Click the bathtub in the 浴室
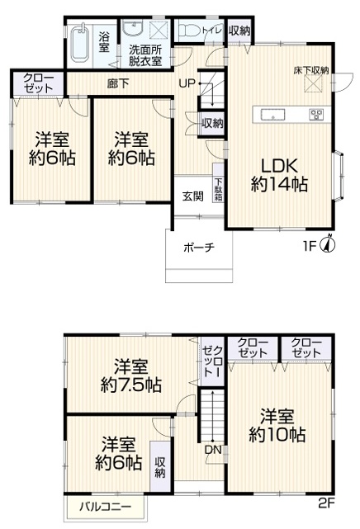click(x=80, y=44)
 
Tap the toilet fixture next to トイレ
click(x=189, y=31)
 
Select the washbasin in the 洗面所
click(x=134, y=28)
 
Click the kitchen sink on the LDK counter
click(x=272, y=115)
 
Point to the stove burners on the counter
click(x=316, y=115)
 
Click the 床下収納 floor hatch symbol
click(x=314, y=83)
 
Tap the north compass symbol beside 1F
click(x=329, y=244)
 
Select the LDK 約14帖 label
click(x=279, y=175)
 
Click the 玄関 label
click(x=193, y=196)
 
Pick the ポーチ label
click(x=199, y=248)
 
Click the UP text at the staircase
click(x=187, y=83)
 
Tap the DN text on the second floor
click(x=213, y=450)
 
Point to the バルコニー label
click(x=106, y=507)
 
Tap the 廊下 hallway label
click(x=118, y=83)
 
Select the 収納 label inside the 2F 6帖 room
click(x=160, y=467)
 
